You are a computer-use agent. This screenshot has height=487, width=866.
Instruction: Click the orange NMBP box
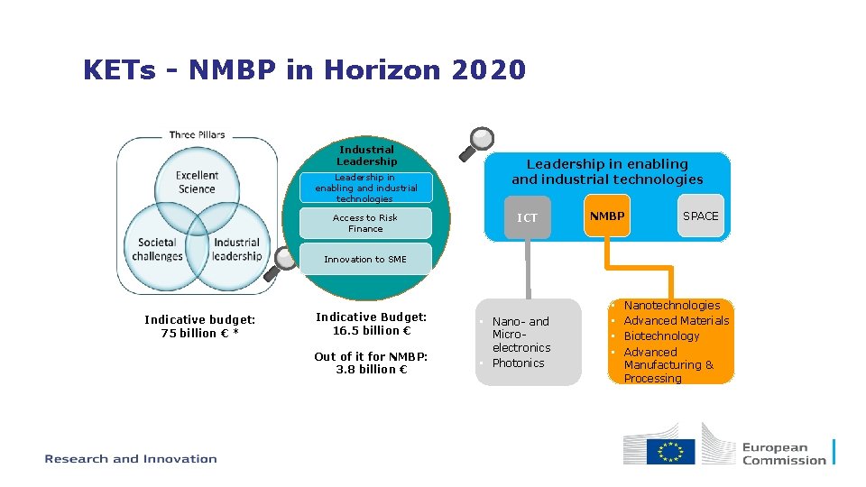(606, 216)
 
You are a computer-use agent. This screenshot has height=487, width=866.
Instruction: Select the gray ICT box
(527, 217)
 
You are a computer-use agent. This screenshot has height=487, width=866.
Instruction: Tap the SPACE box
(701, 216)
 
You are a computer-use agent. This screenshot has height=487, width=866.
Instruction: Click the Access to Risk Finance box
(365, 223)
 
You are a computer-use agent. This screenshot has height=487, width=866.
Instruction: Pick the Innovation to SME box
(365, 259)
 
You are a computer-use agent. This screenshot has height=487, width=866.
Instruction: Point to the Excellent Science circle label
(197, 182)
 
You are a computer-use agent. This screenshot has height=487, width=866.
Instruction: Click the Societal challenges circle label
(157, 249)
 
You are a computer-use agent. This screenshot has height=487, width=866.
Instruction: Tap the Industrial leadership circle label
(237, 249)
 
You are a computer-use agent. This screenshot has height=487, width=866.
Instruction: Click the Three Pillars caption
(197, 135)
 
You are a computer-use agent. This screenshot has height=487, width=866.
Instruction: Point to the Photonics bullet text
(519, 363)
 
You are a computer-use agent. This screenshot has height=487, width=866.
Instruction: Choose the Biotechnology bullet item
(661, 336)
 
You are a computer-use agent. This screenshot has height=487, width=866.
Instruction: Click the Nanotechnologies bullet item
(672, 306)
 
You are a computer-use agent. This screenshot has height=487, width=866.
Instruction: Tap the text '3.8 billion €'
(372, 369)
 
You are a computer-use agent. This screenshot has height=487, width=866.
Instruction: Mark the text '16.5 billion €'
(372, 330)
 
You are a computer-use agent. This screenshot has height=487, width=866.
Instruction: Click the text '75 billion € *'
(199, 333)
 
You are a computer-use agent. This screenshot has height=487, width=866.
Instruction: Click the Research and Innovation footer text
(131, 459)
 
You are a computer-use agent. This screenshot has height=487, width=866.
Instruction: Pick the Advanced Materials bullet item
(677, 321)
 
